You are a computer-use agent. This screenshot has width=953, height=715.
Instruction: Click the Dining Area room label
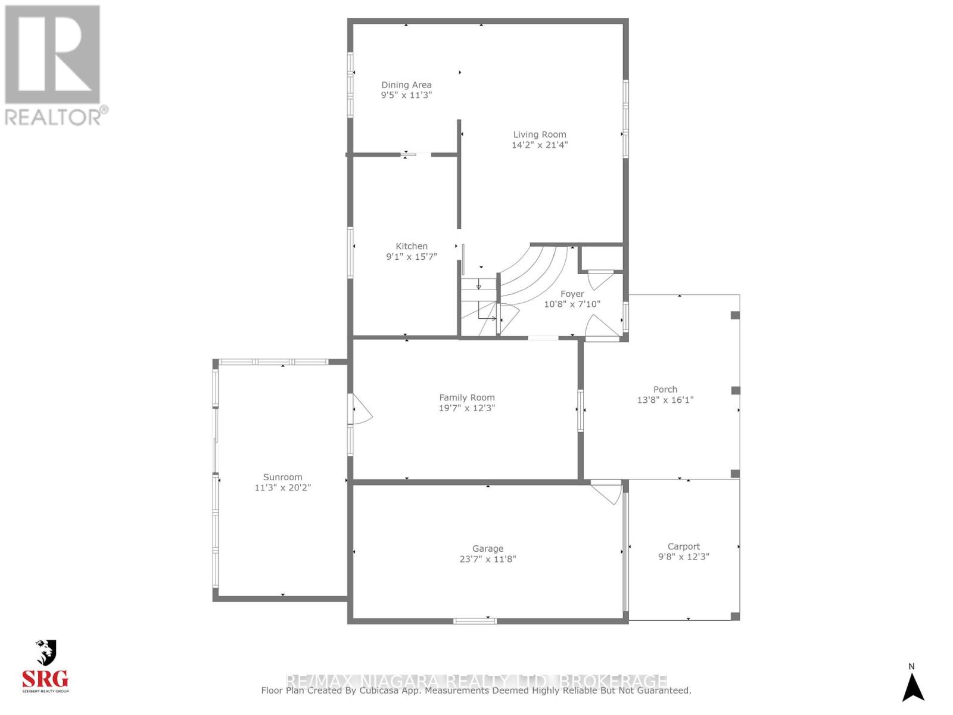tap(406, 85)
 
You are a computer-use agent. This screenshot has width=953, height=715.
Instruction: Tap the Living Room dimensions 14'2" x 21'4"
tap(540, 145)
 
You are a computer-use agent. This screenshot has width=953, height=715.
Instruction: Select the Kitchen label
tap(412, 246)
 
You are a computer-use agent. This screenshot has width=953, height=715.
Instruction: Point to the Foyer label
tap(572, 294)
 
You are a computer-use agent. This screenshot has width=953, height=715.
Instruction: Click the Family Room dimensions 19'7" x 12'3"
tap(467, 408)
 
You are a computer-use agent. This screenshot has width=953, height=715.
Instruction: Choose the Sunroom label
tap(283, 477)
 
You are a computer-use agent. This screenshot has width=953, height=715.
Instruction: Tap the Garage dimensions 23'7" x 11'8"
tap(488, 559)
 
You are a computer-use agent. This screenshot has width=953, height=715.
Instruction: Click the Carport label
tap(683, 546)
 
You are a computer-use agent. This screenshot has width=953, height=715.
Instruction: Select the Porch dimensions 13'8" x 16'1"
tap(665, 400)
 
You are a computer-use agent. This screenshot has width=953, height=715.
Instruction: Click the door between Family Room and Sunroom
tap(361, 409)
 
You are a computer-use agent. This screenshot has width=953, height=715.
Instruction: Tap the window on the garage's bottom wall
tap(475, 621)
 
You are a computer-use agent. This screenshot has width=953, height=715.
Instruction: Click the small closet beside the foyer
tap(601, 258)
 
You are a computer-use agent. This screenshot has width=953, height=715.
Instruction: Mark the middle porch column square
tap(735, 390)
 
